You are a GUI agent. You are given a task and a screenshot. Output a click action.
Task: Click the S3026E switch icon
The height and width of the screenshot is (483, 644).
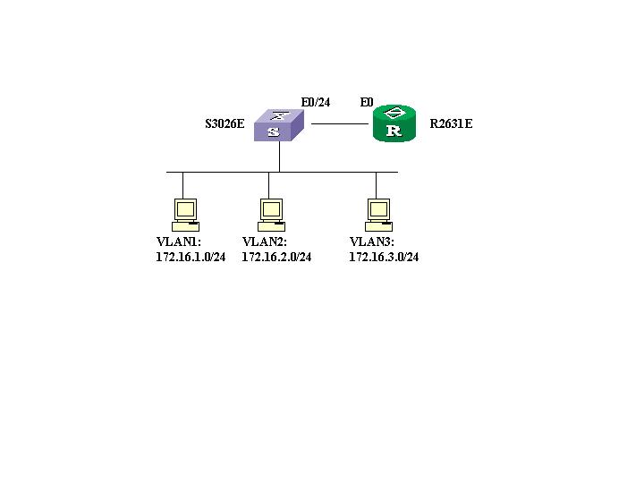pos(279,125)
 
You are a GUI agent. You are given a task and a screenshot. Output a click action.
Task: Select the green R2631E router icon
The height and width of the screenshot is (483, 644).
pos(394,123)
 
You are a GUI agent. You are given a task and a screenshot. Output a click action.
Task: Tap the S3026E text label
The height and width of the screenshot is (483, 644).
pos(225,124)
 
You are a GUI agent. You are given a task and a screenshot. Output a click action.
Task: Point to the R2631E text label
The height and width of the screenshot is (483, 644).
pos(451,124)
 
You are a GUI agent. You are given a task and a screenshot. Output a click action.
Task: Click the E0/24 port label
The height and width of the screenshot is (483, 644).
pos(315,102)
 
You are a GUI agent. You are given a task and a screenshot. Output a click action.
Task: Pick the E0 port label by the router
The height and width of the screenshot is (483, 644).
pos(367,102)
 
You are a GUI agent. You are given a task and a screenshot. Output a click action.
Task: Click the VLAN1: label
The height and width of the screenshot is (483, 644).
pos(179,242)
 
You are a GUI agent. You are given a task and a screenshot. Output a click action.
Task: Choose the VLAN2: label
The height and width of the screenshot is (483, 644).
pos(265,242)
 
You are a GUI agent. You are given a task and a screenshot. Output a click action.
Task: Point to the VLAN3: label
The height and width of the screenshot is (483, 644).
pos(372,242)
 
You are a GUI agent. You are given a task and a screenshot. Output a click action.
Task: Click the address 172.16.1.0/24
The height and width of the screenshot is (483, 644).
pos(191,257)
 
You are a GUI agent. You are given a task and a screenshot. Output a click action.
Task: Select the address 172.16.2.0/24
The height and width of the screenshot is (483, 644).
pos(276,257)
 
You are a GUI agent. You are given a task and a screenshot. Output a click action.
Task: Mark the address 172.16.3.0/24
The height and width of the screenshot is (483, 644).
pos(384,257)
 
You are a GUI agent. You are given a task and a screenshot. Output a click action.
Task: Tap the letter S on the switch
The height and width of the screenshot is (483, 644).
pos(275,131)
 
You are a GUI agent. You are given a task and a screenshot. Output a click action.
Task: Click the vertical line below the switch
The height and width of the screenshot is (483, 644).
pos(279,157)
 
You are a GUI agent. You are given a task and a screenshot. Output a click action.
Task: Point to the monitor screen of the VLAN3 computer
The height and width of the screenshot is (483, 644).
pos(379,208)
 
